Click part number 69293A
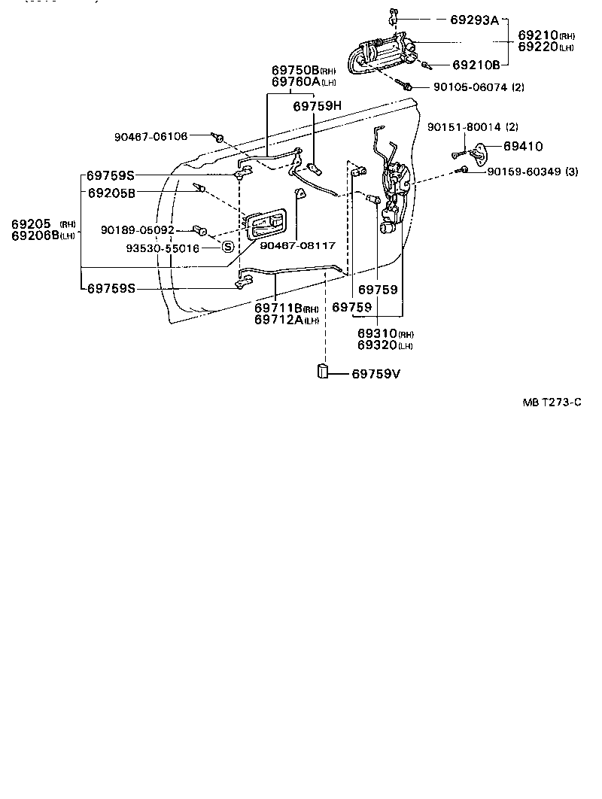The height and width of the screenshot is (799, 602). click(x=474, y=20)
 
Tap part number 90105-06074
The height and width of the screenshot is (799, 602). click(x=471, y=87)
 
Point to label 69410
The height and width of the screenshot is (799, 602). click(x=522, y=146)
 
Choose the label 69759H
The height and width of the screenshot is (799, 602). click(x=317, y=106)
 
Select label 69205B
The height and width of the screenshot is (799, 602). click(x=111, y=193)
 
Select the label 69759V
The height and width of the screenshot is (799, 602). click(x=381, y=372)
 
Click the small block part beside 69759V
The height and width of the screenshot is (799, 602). click(x=322, y=371)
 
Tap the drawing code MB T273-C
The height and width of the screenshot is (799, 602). click(x=552, y=403)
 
